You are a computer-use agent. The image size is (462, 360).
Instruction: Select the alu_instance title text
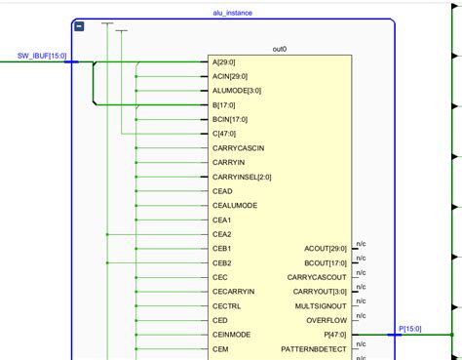coord(232,13)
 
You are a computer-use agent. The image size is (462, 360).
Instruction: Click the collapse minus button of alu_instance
coord(79,26)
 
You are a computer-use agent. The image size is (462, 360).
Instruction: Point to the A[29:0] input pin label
coord(223,62)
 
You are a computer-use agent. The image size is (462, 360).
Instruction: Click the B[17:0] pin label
coord(223,104)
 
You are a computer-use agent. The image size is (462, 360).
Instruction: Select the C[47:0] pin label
coord(223,134)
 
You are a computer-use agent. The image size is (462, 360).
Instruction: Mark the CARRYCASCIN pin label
coord(238,148)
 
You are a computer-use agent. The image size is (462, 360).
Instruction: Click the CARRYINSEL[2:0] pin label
coord(242,177)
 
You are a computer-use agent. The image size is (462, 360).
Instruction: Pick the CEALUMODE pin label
coord(235,206)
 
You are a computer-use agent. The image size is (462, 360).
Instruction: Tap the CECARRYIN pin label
coord(233,291)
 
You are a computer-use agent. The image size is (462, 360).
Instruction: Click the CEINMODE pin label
coord(231,334)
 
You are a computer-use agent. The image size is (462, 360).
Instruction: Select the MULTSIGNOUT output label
coord(319,305)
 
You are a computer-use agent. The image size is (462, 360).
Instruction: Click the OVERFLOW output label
coord(326,320)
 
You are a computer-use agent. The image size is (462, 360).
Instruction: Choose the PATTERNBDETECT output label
coord(313,348)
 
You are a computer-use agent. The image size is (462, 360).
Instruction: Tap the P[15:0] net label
coord(409,329)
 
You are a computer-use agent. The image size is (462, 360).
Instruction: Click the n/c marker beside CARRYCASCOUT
coord(361,272)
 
